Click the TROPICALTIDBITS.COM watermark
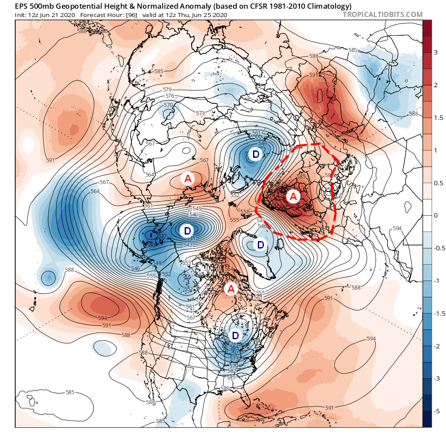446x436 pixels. pos(382,14)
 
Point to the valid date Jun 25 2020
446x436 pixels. pos(208,15)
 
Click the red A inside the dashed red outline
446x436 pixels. pos(293,196)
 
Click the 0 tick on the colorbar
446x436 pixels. pos(436,216)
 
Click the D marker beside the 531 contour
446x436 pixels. pos(187,230)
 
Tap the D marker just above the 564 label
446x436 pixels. pos(235,335)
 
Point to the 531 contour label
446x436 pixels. pos(190,238)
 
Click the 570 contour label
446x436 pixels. pos(168,105)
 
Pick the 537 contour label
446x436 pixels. pos(162,236)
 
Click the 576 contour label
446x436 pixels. pos(169,96)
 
